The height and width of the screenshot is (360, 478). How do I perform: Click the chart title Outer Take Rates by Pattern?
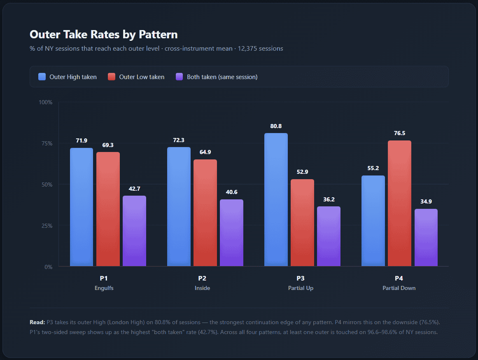click(103, 34)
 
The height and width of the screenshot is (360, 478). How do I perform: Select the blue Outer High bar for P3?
click(276, 200)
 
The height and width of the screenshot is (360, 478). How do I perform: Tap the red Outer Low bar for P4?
click(399, 203)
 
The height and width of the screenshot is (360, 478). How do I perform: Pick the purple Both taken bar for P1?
click(134, 231)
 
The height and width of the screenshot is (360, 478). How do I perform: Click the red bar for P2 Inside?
click(205, 213)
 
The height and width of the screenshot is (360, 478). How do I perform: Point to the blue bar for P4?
click(373, 221)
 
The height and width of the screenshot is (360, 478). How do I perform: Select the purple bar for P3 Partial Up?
click(329, 236)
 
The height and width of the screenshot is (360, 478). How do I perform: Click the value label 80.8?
click(276, 126)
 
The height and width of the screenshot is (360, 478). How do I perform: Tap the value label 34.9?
click(426, 202)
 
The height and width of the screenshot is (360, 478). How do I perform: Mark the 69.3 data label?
click(108, 145)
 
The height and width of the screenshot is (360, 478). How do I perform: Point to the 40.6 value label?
click(231, 192)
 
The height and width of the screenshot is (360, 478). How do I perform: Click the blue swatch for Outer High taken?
click(42, 77)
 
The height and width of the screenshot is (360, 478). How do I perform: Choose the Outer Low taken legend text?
click(142, 77)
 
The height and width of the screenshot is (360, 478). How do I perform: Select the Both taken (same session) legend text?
click(222, 77)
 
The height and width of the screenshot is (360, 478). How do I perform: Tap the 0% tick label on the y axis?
click(48, 267)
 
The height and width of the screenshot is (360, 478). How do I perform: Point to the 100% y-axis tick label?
click(45, 102)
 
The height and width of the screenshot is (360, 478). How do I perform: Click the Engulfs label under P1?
click(104, 288)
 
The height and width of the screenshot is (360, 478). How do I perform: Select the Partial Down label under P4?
click(399, 288)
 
